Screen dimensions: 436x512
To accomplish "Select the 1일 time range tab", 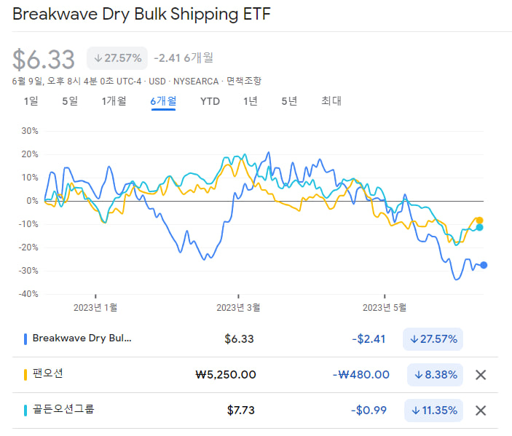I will pos(31,101).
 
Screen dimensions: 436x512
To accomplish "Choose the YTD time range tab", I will pos(210,101).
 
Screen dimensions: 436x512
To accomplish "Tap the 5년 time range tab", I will pos(289,101).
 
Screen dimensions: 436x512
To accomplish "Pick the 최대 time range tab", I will pos(331,101).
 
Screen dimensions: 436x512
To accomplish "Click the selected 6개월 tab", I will pos(163,101).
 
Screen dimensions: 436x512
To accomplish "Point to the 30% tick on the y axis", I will pos(30,131).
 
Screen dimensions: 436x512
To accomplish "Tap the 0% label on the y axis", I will pos(32,201).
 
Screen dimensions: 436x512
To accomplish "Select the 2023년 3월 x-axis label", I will pos(238,307).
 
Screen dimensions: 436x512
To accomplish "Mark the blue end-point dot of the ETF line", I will pos(484,265).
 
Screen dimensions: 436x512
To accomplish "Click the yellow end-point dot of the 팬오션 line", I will pos(479,221).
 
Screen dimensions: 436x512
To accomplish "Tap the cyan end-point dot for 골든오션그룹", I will pos(479,228).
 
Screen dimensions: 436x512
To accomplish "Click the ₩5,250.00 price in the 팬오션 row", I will pos(226,375).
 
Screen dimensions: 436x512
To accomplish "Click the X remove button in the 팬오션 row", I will pos(480,375).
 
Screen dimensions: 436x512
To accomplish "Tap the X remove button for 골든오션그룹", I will pos(480,410).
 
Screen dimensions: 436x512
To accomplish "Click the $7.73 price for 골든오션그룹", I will pos(240,410).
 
